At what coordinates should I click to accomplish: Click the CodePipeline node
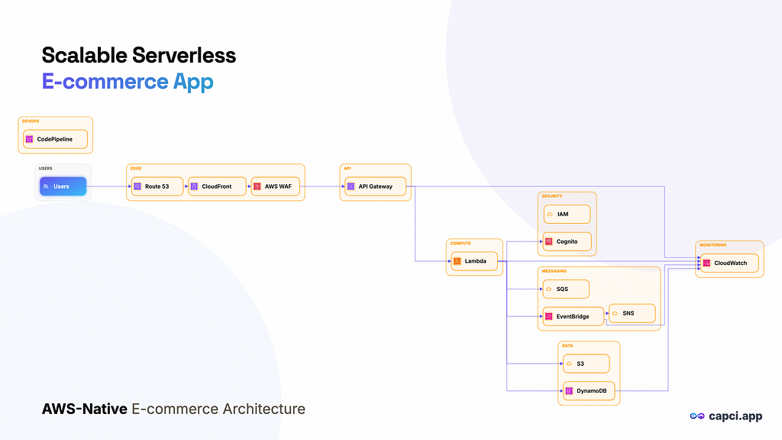pyautogui.click(x=55, y=139)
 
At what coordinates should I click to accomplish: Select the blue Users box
pyautogui.click(x=63, y=186)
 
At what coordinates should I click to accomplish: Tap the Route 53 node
pyautogui.click(x=157, y=186)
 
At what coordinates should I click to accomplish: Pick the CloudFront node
pyautogui.click(x=217, y=186)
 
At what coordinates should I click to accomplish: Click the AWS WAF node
pyautogui.click(x=275, y=186)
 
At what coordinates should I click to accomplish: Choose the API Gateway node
pyautogui.click(x=376, y=186)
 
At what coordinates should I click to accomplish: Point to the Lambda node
pyautogui.click(x=474, y=261)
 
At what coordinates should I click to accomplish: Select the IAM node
pyautogui.click(x=567, y=214)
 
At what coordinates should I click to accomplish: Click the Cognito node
pyautogui.click(x=567, y=241)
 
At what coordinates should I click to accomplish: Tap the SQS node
pyautogui.click(x=566, y=289)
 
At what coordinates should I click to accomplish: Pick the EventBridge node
pyautogui.click(x=573, y=316)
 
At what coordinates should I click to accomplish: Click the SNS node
pyautogui.click(x=632, y=313)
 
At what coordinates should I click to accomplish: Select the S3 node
pyautogui.click(x=586, y=364)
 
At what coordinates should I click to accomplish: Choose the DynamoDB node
pyautogui.click(x=589, y=391)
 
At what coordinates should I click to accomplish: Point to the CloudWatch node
pyautogui.click(x=729, y=263)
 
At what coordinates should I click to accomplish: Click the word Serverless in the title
pyautogui.click(x=184, y=55)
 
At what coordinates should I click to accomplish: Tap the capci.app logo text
pyautogui.click(x=735, y=416)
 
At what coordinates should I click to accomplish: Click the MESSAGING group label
pyautogui.click(x=554, y=271)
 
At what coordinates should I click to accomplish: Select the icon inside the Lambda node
pyautogui.click(x=457, y=261)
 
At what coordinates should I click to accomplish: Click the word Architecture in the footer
pyautogui.click(x=263, y=409)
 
